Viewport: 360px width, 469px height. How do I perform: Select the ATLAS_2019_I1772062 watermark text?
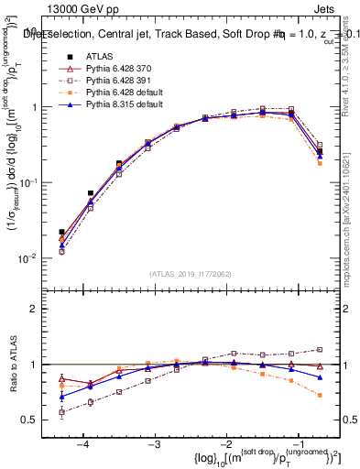191,273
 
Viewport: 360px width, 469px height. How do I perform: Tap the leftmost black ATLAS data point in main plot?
61,233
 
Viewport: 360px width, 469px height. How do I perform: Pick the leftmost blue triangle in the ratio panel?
61,397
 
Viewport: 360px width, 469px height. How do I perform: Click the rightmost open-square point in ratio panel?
319,349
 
